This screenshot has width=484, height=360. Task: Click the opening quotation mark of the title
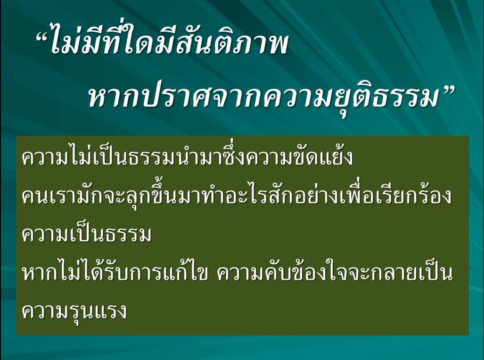coord(42,38)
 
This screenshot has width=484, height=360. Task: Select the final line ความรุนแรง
coord(74,311)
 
